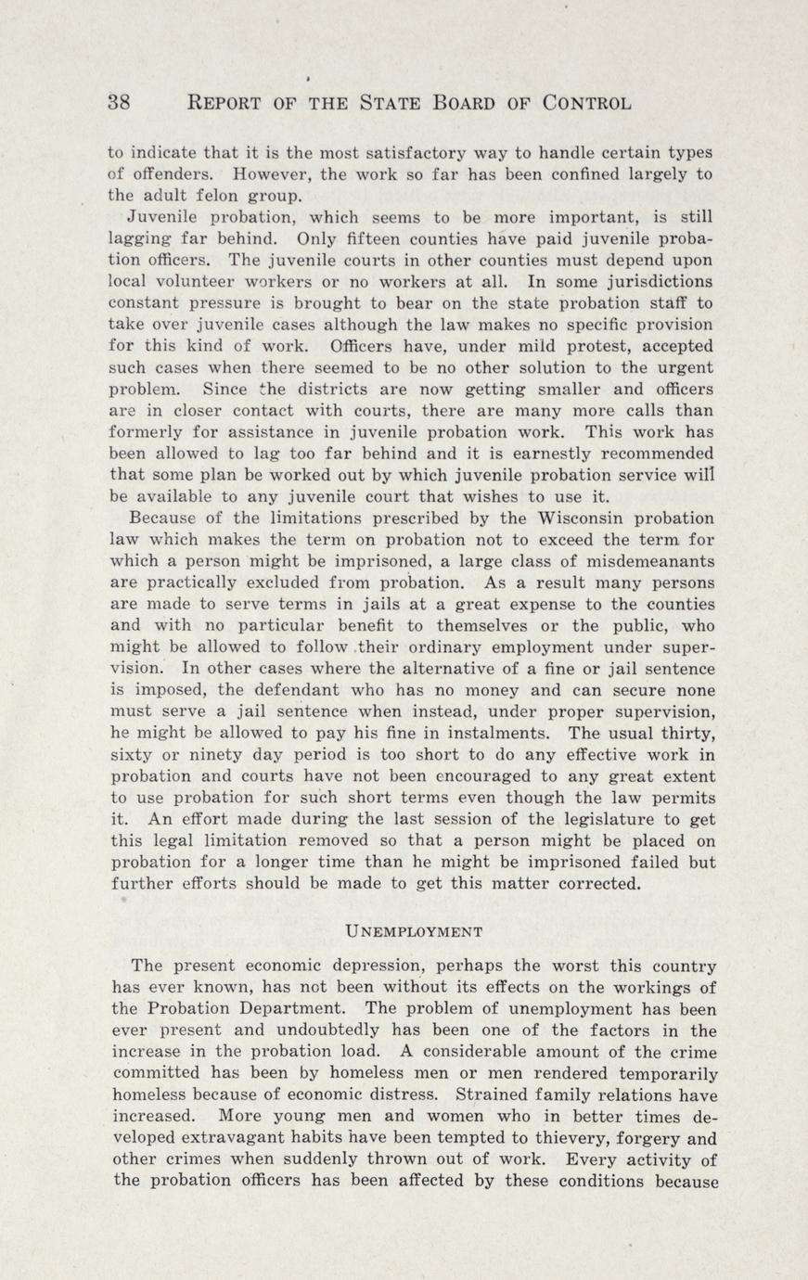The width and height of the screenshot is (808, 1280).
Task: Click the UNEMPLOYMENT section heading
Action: click(413, 930)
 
